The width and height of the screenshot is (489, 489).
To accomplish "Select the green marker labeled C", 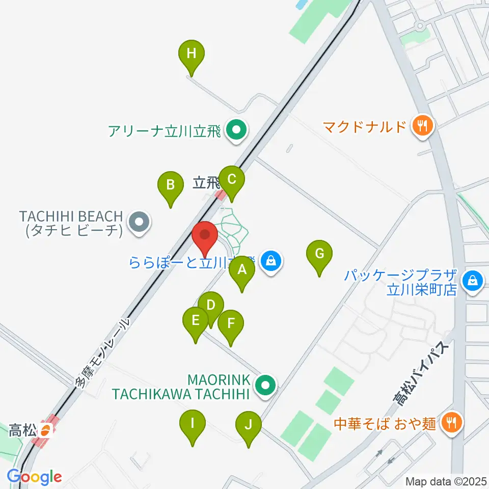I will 232,180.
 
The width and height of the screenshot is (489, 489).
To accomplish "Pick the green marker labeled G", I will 319,254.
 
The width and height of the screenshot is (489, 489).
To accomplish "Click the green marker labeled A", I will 242,270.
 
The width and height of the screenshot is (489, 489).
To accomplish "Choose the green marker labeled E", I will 195,321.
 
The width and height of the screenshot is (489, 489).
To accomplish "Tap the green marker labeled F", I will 231,323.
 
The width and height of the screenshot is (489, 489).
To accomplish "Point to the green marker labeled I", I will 193,423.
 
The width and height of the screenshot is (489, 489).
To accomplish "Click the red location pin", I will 205,236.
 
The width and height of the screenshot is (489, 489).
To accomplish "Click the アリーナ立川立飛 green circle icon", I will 236,131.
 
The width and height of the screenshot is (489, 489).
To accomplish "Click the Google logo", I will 35,477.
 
